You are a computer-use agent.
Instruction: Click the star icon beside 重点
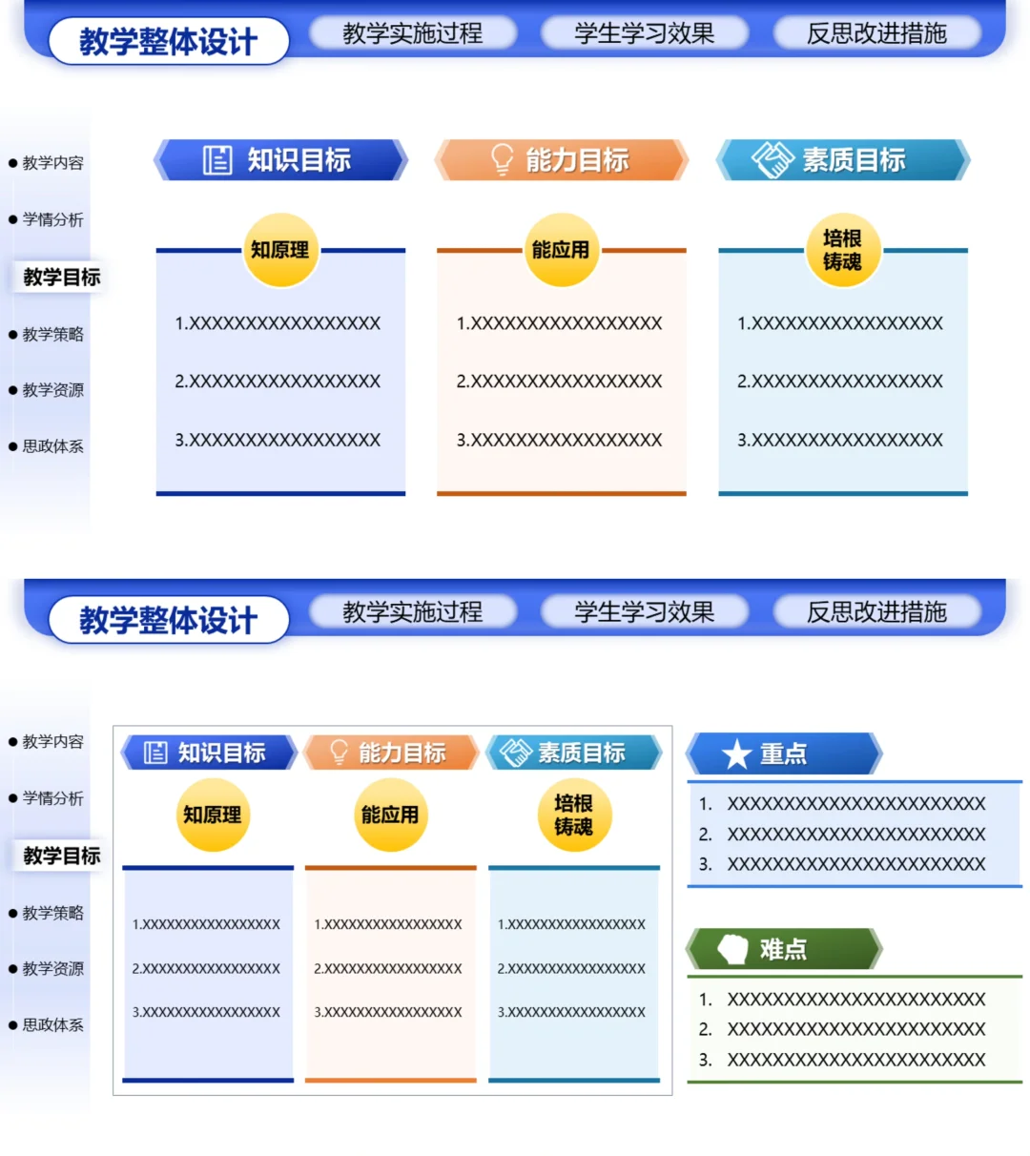tap(736, 753)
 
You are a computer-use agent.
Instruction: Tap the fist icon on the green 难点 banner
tap(732, 949)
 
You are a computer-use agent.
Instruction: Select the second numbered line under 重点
tap(842, 835)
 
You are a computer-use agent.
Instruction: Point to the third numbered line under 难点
tap(842, 1060)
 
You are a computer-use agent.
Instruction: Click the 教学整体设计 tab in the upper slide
tap(169, 41)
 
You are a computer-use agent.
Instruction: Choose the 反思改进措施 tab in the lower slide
tap(876, 611)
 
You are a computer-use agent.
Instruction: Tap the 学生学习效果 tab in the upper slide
tap(645, 33)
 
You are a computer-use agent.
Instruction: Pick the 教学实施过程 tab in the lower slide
tap(413, 611)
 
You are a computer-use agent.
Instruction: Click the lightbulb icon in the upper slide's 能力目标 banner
tap(503, 159)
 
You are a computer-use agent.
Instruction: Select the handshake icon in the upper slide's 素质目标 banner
tap(772, 159)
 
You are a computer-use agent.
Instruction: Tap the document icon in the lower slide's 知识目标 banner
tap(155, 752)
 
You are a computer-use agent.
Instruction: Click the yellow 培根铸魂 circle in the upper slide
tap(843, 249)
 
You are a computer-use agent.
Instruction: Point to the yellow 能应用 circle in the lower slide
tap(390, 815)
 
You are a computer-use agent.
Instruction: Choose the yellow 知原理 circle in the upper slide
tap(280, 249)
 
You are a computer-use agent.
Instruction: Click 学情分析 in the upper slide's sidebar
tap(53, 219)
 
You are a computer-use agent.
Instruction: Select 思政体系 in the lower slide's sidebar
tap(53, 1024)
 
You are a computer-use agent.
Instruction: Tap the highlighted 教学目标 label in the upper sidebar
tap(62, 278)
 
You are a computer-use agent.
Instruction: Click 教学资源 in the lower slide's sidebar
tap(53, 968)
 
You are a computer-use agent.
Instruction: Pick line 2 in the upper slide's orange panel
tap(559, 381)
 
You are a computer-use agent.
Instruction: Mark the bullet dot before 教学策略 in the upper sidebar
tap(13, 335)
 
